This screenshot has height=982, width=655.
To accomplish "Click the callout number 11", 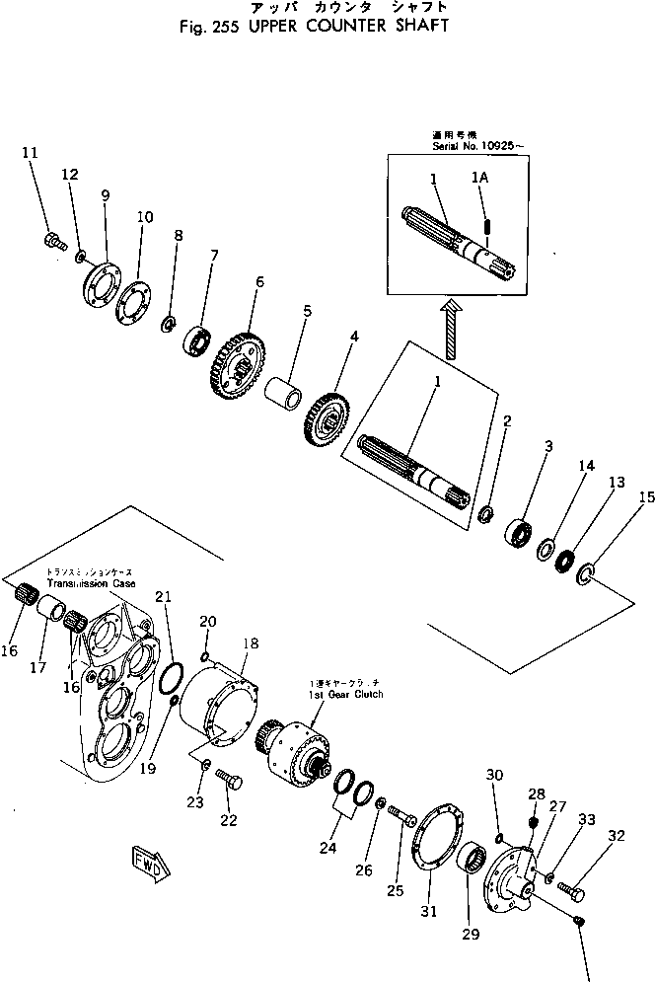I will (x=30, y=152).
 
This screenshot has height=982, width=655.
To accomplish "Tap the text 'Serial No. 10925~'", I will (x=480, y=146).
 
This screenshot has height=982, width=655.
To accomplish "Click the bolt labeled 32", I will (x=570, y=890).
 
